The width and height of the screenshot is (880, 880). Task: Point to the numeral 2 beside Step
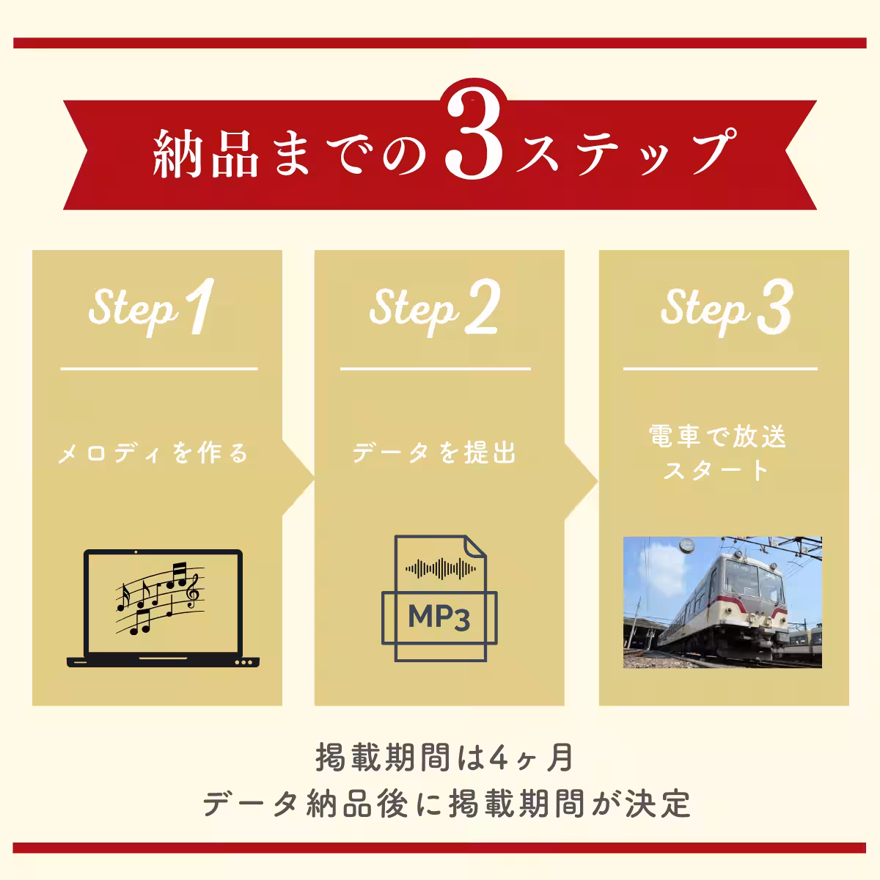pyautogui.click(x=481, y=309)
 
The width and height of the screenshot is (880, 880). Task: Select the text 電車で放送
pyautogui.click(x=718, y=437)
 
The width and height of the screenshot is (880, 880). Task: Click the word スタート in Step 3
pyautogui.click(x=716, y=470)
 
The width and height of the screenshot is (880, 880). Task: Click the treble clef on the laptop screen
pyautogui.click(x=193, y=591)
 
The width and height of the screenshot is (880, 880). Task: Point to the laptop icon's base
pyautogui.click(x=164, y=661)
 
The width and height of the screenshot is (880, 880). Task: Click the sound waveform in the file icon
pyautogui.click(x=440, y=568)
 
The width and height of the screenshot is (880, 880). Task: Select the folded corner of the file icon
pyautogui.click(x=474, y=546)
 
